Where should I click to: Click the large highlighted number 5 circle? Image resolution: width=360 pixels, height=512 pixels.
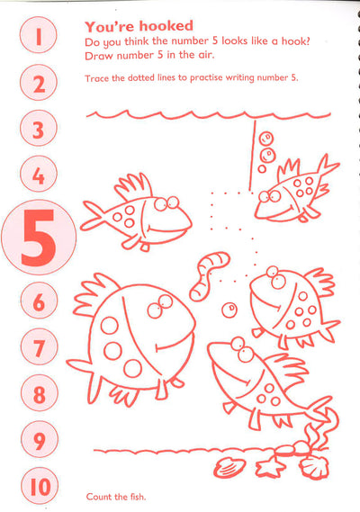pos(39,237)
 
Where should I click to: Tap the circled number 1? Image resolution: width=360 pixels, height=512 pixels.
pos(38,35)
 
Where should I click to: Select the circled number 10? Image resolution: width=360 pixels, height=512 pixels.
pos(40,486)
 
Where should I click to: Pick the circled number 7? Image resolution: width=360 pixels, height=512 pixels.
pos(40,346)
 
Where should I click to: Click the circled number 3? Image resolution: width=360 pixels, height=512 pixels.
pos(39,129)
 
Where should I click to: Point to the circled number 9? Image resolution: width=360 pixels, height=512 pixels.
pos(40,439)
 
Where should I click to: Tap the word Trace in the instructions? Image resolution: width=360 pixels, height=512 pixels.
pos(96,78)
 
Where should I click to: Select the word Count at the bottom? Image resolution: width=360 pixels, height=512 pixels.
pos(97,497)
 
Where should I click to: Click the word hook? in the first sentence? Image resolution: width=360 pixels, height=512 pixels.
pos(295,40)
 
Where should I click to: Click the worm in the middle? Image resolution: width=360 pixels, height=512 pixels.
pos(210,275)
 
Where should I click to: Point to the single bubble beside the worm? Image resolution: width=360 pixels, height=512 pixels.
pos(229,310)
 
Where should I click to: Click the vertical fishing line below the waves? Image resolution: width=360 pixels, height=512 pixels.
pos(252,156)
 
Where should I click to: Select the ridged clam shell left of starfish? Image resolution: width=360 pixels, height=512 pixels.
pos(229,468)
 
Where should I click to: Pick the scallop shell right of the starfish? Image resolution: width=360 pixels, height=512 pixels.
pos(314,467)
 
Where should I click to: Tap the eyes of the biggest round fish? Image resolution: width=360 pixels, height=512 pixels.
pos(159,306)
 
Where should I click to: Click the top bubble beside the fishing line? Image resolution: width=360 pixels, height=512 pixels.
pos(265,138)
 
